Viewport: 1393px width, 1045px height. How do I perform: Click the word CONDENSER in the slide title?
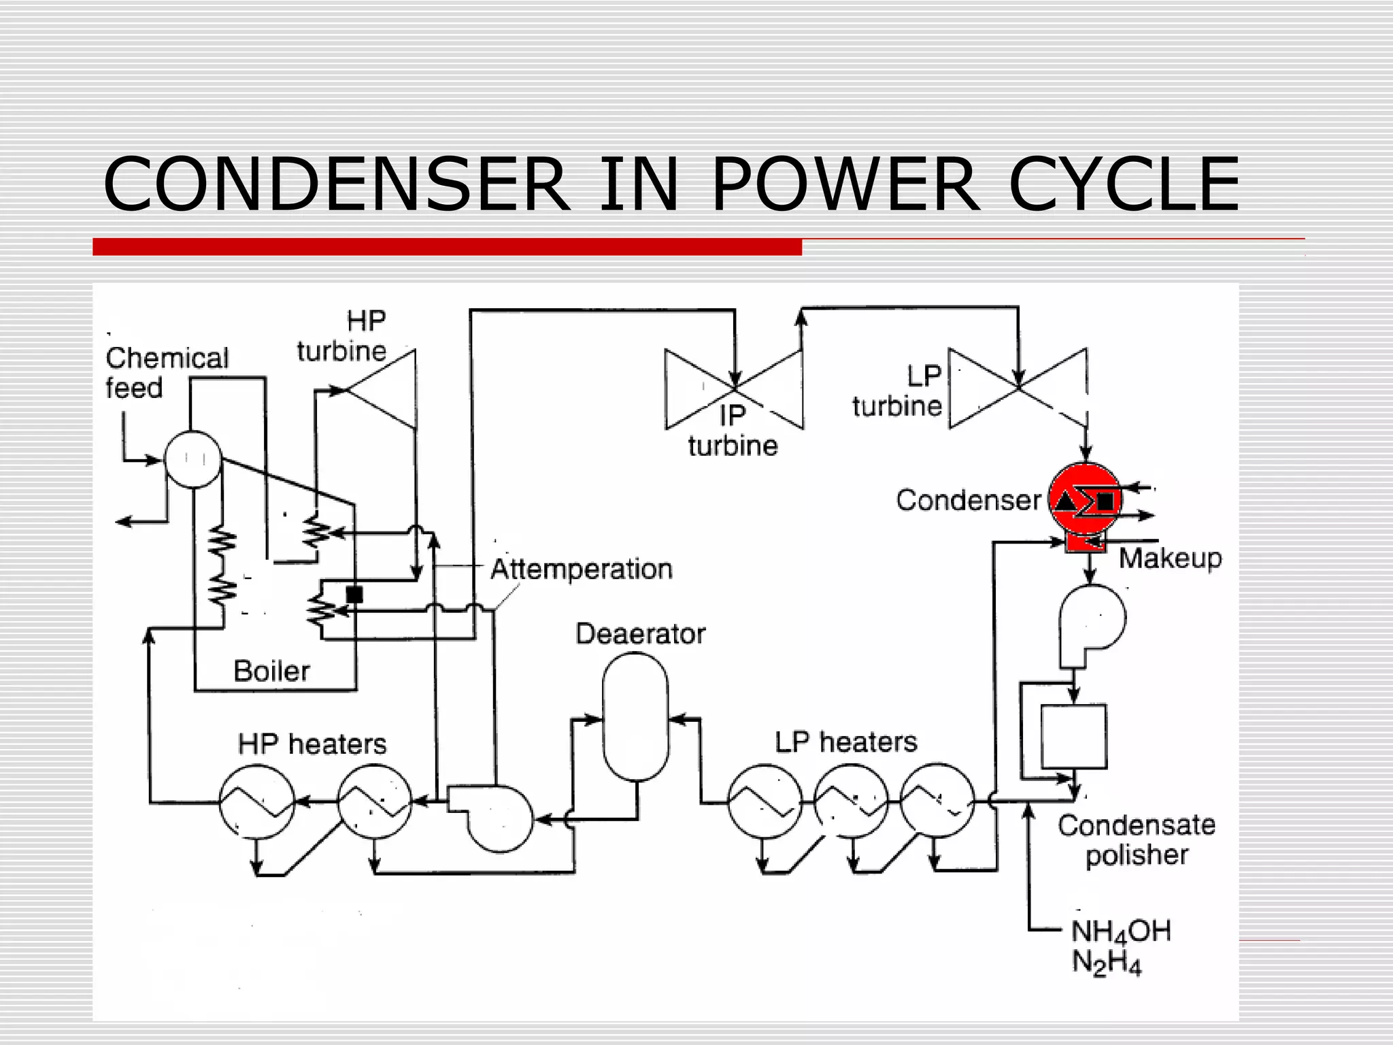(x=337, y=184)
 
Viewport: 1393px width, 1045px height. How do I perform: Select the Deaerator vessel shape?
(x=636, y=716)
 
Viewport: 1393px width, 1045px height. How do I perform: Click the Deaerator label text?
(x=640, y=634)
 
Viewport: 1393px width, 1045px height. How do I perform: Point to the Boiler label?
(x=271, y=671)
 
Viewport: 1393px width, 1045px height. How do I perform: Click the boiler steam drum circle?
(x=194, y=459)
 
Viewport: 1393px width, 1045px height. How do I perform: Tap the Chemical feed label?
(x=167, y=373)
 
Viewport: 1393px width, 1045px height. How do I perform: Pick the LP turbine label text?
(x=898, y=391)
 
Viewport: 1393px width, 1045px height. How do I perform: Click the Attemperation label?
(x=582, y=569)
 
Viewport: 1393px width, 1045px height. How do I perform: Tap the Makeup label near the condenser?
(x=1170, y=559)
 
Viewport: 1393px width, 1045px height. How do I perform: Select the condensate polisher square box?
(x=1074, y=737)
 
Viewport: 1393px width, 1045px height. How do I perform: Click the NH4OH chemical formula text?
(x=1121, y=931)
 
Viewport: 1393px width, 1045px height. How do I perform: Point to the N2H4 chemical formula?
(x=1107, y=963)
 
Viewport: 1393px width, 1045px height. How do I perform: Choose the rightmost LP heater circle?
(x=937, y=801)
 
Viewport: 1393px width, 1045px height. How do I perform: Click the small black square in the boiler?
(x=354, y=594)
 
